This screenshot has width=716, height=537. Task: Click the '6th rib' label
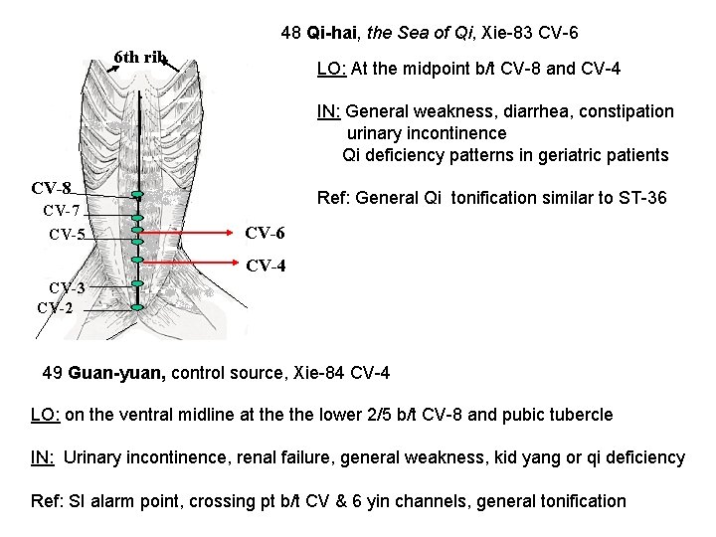[x=140, y=57]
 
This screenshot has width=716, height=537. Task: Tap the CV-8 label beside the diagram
[x=51, y=189]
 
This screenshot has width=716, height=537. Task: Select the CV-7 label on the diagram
[x=61, y=211]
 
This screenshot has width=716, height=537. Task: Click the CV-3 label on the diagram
[x=69, y=288]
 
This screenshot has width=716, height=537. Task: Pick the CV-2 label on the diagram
[x=56, y=306]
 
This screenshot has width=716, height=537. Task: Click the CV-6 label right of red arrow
[x=265, y=233]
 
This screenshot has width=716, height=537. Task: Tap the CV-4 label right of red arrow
[x=266, y=266]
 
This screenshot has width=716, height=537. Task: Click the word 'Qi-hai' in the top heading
[x=333, y=33]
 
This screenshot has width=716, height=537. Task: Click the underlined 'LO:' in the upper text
[x=331, y=70]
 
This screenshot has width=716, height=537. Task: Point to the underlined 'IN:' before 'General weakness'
[x=328, y=111]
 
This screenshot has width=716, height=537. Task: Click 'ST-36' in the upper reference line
[x=643, y=197]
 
